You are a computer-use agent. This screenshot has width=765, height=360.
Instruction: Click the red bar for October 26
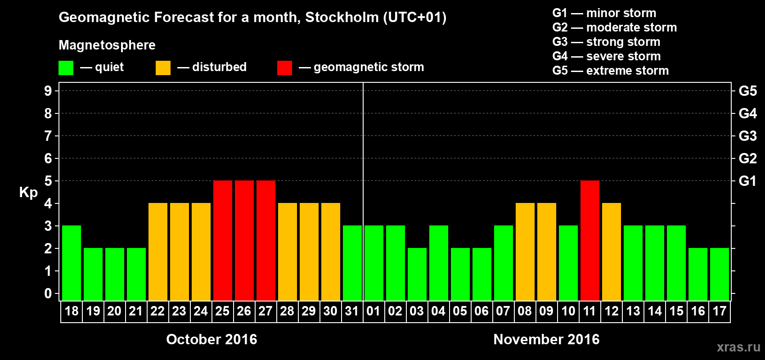pos(244,240)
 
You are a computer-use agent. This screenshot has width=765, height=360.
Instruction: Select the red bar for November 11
pos(590,240)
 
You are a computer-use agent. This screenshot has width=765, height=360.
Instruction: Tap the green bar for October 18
pos(72,263)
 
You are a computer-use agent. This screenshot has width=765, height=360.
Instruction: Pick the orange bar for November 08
pos(525,252)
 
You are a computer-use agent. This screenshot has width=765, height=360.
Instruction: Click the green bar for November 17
pos(720,274)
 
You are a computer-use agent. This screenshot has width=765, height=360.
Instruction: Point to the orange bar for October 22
pos(158,252)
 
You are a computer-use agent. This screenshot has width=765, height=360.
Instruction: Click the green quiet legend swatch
pos(66,68)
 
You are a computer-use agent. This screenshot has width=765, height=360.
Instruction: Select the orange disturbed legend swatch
pos(163,68)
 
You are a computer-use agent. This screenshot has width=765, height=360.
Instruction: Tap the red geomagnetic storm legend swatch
pos(284,68)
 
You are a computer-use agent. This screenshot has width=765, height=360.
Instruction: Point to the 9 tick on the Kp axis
pos(48,91)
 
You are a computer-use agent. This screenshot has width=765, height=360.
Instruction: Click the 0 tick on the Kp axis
pos(48,293)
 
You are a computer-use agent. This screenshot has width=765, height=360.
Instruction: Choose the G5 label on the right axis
pos(747,91)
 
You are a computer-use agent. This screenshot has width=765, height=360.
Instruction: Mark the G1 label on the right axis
pos(747,181)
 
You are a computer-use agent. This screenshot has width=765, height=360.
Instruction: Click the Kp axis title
pos(28,193)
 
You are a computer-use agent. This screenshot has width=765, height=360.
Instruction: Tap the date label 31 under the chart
pos(352,311)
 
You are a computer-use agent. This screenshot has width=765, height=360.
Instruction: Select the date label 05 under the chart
pos(460,311)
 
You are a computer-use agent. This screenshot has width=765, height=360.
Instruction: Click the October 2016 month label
pos(211,339)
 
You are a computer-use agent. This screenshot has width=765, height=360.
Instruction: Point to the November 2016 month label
pos(546,339)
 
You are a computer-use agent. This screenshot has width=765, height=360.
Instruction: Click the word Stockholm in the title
pos(342,18)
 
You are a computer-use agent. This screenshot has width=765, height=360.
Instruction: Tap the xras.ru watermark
pos(738,347)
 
